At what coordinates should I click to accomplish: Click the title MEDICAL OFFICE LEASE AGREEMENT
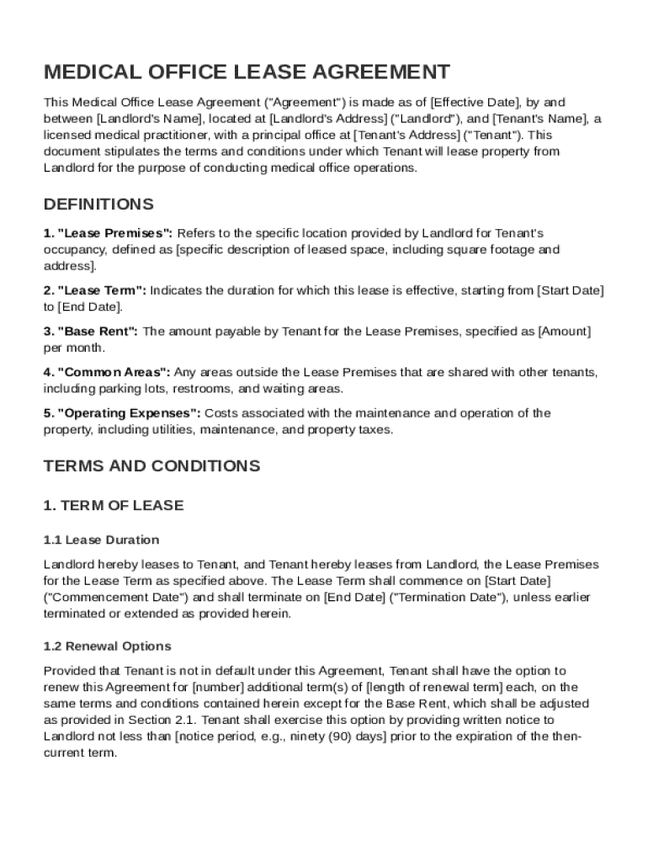click(x=247, y=72)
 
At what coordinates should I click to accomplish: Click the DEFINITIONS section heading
click(x=98, y=205)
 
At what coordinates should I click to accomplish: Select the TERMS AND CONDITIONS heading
click(x=151, y=466)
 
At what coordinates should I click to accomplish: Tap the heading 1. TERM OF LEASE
click(x=113, y=506)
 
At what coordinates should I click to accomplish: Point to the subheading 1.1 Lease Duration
click(x=101, y=540)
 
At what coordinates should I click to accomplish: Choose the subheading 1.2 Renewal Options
click(x=107, y=646)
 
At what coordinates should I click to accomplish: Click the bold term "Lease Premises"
click(x=114, y=233)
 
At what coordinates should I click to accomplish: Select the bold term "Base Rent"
click(x=98, y=332)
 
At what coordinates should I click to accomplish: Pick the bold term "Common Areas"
click(x=114, y=372)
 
